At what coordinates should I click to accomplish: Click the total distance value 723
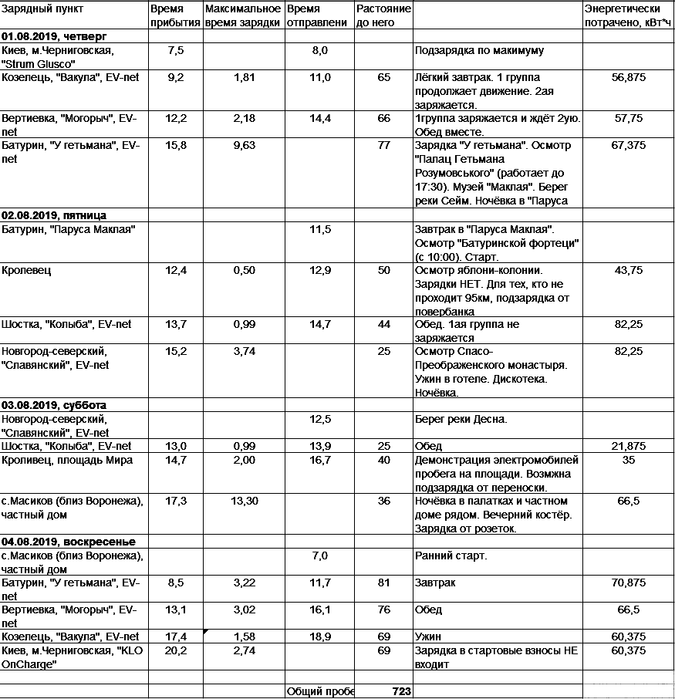401,692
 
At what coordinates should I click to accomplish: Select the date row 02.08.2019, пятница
54,216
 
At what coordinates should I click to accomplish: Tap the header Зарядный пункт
43,9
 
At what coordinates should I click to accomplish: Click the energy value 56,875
627,78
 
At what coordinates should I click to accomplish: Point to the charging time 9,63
243,145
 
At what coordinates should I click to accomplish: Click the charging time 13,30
243,501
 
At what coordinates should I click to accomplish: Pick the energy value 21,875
627,447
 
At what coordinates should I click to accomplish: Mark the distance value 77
384,145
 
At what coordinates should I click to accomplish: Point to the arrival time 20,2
175,651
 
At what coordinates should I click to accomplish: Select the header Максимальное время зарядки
243,15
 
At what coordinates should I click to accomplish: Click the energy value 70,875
627,582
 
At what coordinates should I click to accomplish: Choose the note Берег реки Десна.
461,420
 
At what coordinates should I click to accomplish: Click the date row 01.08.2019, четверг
53,36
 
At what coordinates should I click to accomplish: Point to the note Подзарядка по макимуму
480,51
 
